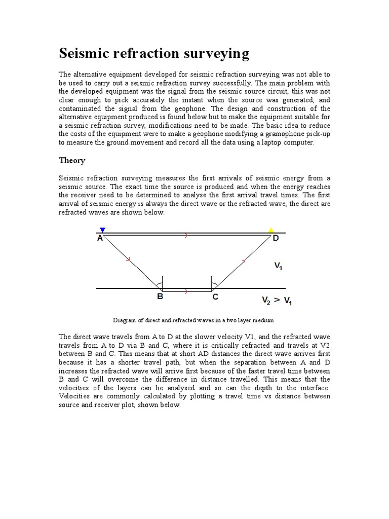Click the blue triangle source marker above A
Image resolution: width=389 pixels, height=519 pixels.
pos(103,230)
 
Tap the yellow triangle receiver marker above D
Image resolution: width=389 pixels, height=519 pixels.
pos(271,230)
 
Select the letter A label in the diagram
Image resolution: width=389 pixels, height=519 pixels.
pos(100,238)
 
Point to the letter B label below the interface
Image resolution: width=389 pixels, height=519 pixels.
pos(160,297)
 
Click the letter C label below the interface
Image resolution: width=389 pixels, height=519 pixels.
pos(215,297)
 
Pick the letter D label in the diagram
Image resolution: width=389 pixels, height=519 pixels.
pos(276,238)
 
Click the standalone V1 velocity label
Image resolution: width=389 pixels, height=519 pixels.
pos(278,265)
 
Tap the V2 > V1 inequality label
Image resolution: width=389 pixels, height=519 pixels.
pos(277,301)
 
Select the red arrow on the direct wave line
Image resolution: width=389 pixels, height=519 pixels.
pos(187,236)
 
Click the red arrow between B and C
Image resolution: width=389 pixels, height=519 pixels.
pos(187,291)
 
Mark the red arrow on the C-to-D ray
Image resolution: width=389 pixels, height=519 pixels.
pos(244,261)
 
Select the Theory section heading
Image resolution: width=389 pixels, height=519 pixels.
pos(72,161)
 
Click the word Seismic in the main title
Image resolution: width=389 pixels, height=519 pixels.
pos(84,53)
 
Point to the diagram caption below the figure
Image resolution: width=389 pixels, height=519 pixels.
pos(193,320)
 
